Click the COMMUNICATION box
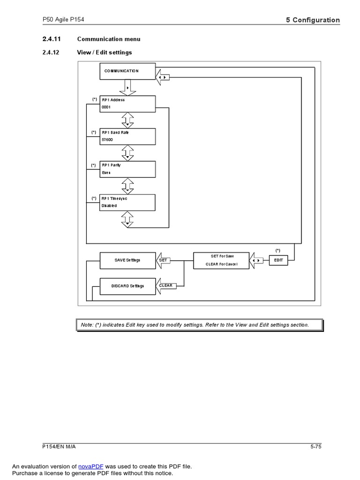pos(127,71)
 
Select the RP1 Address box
pos(127,104)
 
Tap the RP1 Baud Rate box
pos(127,136)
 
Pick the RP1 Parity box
pos(127,169)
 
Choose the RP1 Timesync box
pos(127,202)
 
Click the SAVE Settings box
pos(127,260)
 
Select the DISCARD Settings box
pos(127,286)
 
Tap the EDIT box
pos(278,260)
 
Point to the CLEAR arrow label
pos(165,285)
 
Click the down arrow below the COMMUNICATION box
pos(127,88)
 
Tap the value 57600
pos(107,140)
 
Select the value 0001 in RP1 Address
pos(106,107)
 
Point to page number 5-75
pos(315,446)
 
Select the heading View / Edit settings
pos(104,52)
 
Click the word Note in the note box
pos(87,325)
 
